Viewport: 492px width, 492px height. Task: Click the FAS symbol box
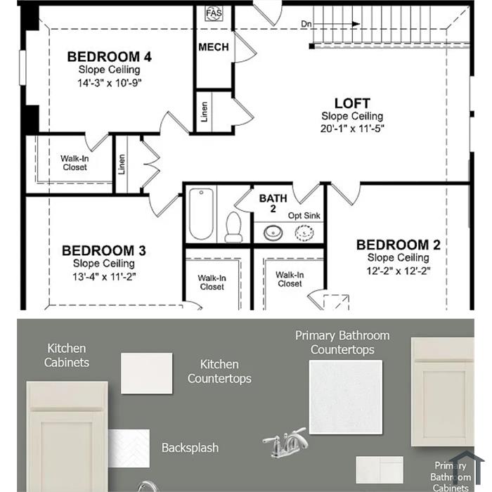[x=214, y=13]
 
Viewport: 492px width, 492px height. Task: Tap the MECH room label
[x=214, y=47]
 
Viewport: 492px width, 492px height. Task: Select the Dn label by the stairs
[x=306, y=24]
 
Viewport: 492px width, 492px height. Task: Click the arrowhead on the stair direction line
[x=356, y=24]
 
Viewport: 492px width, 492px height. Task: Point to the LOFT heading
[x=352, y=103]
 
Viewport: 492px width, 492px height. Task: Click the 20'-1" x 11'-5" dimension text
[x=352, y=129]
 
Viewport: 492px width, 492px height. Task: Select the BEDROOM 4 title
[x=109, y=57]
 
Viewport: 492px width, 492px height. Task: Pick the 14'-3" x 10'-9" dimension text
[x=109, y=83]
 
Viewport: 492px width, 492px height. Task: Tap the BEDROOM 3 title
[x=104, y=251]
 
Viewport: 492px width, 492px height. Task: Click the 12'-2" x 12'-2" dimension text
[x=399, y=271]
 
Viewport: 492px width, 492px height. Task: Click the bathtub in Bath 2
[x=201, y=214]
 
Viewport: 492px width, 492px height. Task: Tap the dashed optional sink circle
[x=304, y=233]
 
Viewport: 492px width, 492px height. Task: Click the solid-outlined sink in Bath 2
[x=273, y=233]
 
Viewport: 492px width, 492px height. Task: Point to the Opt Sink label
[x=304, y=216]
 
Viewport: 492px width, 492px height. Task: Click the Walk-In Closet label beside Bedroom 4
[x=75, y=163]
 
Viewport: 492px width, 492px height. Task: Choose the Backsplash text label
[x=190, y=448]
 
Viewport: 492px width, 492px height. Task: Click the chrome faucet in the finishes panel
[x=285, y=442]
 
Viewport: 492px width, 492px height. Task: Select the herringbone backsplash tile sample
[x=129, y=448]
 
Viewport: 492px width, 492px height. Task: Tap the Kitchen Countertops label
[x=219, y=372]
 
